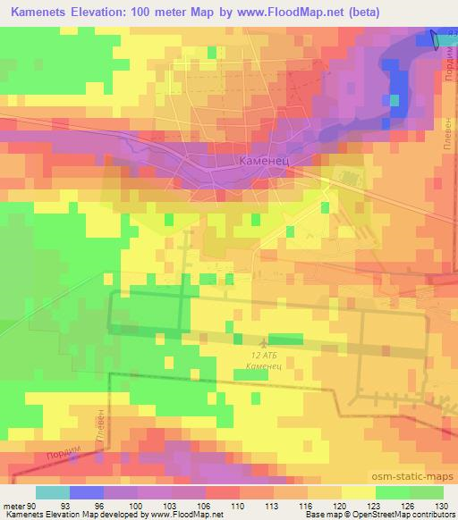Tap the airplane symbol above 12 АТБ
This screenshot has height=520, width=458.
[x=263, y=342]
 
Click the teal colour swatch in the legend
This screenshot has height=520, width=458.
[x=53, y=492]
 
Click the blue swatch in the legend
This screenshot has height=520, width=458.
[x=87, y=492]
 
